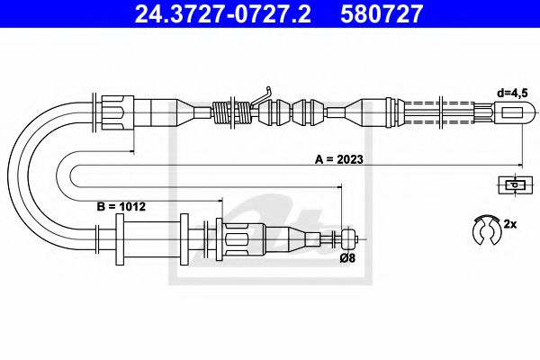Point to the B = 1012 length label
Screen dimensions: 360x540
pos(121,206)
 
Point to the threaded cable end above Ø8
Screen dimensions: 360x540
pos(347,238)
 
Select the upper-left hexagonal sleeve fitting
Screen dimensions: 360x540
pos(115,114)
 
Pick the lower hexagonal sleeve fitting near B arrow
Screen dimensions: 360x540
pos(237,238)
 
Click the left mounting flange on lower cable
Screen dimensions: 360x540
pos(117,239)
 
